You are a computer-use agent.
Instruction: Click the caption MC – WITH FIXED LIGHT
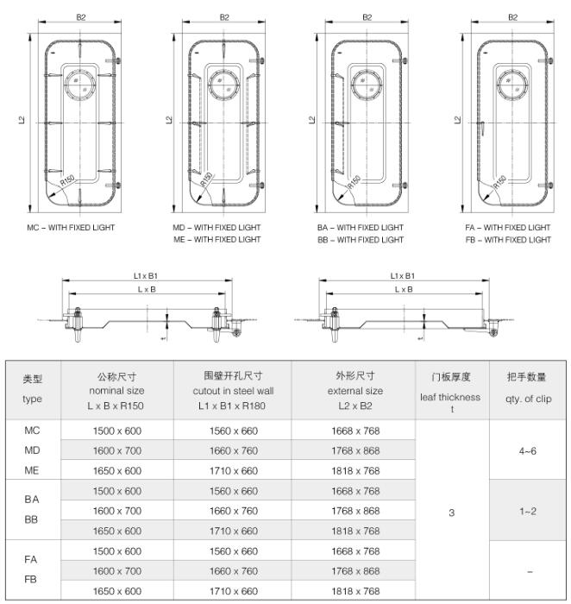72,228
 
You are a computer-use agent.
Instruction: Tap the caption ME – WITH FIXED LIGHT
217,240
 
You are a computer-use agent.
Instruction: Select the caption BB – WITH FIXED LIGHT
361,240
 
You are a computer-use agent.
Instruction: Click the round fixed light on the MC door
82,83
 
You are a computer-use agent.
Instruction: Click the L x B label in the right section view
403,289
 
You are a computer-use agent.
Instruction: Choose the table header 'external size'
354,390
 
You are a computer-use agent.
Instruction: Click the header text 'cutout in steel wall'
232,390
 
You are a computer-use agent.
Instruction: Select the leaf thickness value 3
450,512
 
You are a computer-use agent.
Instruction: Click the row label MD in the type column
33,450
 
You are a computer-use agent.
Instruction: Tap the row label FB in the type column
33,581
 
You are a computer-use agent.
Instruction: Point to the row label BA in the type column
33,500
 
